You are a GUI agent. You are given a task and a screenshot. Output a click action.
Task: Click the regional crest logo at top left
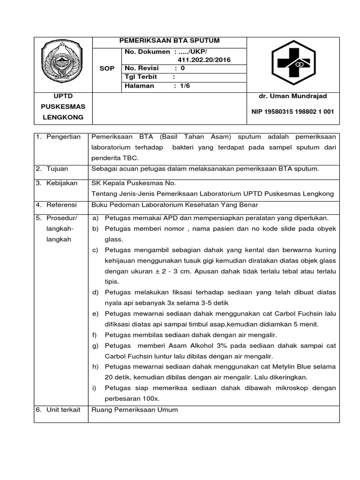pyautogui.click(x=63, y=62)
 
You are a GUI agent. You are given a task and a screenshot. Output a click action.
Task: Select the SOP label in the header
pyautogui.click(x=107, y=68)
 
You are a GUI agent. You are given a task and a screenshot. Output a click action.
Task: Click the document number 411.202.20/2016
pyautogui.click(x=204, y=60)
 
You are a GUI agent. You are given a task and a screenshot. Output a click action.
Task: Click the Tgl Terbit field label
pyautogui.click(x=141, y=77)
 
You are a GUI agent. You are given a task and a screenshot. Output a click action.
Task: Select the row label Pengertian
pyautogui.click(x=64, y=137)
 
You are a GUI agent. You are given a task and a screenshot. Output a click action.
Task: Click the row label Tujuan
pyautogui.click(x=57, y=168)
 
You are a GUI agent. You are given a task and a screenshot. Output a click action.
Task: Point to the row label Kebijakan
pyautogui.click(x=62, y=183)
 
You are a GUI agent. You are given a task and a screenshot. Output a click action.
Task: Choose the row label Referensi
pyautogui.click(x=62, y=204)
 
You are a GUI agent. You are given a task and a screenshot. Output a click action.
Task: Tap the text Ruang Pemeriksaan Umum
pyautogui.click(x=135, y=409)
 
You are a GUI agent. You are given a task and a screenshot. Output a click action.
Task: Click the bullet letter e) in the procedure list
pyautogui.click(x=96, y=313)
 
